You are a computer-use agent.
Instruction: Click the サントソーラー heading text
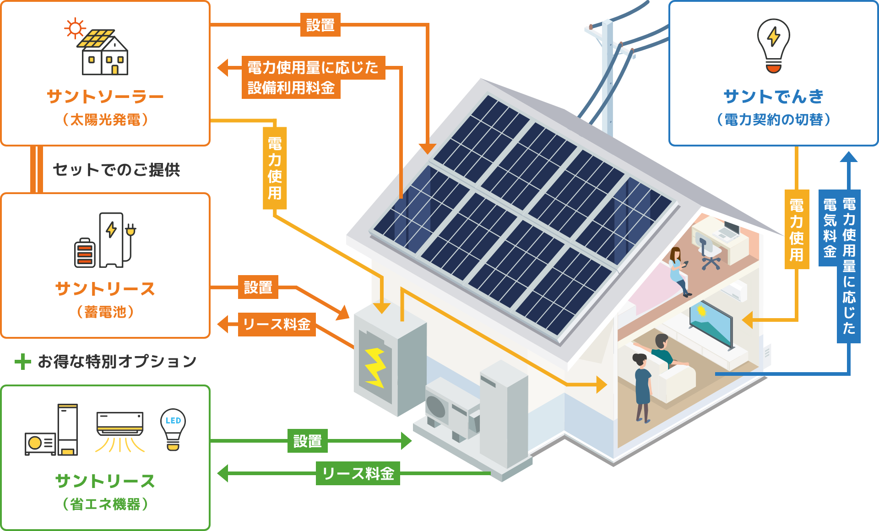[x=105, y=97]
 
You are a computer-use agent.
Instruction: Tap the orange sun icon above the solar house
[x=75, y=28]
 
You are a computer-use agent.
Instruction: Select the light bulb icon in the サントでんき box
[x=773, y=45]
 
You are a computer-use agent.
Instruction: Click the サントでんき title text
[x=773, y=97]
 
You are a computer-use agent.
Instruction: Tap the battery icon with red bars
[x=85, y=252]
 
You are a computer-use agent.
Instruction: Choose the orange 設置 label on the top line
[x=320, y=25]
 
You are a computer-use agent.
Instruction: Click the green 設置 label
[x=307, y=441]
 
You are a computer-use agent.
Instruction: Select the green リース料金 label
[x=358, y=473]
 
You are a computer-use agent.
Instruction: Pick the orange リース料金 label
[x=277, y=324]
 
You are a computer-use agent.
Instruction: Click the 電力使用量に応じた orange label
[x=313, y=68]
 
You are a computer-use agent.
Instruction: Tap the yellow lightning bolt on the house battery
[x=375, y=367]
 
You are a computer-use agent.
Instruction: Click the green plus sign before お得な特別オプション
[x=22, y=362]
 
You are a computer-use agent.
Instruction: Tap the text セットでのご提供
[x=116, y=170]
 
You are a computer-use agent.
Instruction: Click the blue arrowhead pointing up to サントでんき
[x=848, y=157]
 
